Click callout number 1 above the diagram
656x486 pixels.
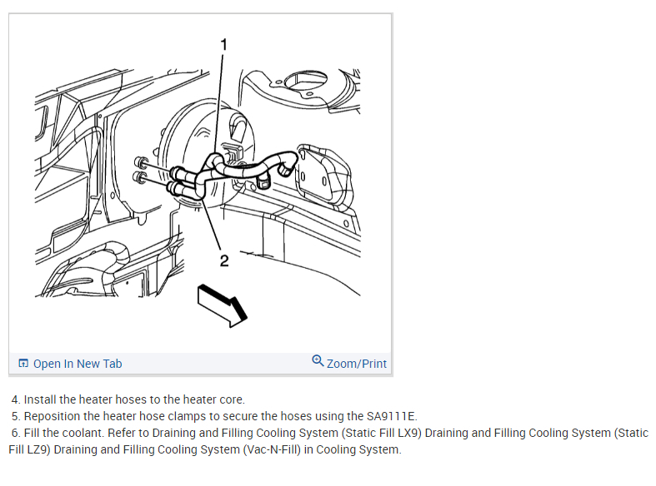pyautogui.click(x=223, y=42)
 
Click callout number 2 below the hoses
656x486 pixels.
pyautogui.click(x=223, y=260)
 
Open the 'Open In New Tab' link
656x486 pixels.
pyautogui.click(x=78, y=364)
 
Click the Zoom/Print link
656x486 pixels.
pyautogui.click(x=357, y=364)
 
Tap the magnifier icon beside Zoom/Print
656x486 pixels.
pyautogui.click(x=318, y=361)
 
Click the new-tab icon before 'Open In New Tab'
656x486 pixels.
pyautogui.click(x=23, y=364)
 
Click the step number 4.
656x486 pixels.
pyautogui.click(x=15, y=399)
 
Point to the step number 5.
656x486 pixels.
pyautogui.click(x=15, y=416)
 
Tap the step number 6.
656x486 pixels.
pyautogui.click(x=15, y=433)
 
